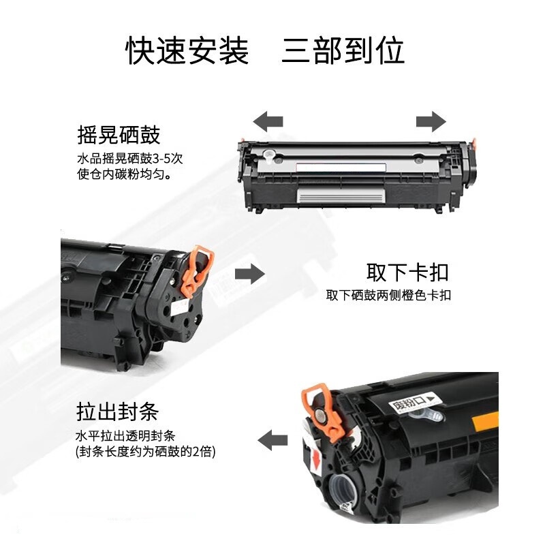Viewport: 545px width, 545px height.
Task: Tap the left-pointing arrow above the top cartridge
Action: pyautogui.click(x=268, y=122)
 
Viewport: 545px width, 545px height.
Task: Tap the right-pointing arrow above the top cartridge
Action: pyautogui.click(x=431, y=122)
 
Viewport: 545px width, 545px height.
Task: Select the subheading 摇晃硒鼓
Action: pyautogui.click(x=119, y=134)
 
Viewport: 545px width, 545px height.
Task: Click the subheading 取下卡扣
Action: pyautogui.click(x=407, y=272)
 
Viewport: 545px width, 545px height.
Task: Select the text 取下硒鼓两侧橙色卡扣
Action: pyautogui.click(x=388, y=296)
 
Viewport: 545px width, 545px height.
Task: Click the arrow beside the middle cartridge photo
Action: pyautogui.click(x=249, y=275)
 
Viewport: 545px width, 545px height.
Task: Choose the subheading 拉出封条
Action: pyautogui.click(x=118, y=411)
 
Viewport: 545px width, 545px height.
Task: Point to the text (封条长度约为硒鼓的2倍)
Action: pyautogui.click(x=150, y=452)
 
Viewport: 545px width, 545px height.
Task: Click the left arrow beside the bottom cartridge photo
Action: pyautogui.click(x=275, y=439)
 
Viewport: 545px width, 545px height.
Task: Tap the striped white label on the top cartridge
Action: pyautogui.click(x=341, y=196)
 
